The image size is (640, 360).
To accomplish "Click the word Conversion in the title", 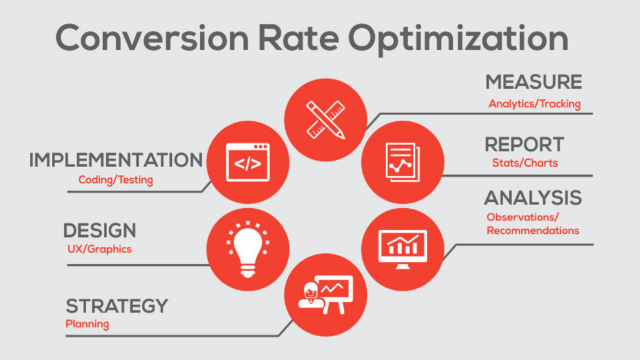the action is tap(152, 37).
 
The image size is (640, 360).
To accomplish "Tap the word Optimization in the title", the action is tap(458, 39).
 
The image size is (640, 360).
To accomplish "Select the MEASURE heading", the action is tap(534, 82).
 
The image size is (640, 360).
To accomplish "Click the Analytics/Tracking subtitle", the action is tap(534, 104).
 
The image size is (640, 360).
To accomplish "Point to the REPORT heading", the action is tap(524, 144).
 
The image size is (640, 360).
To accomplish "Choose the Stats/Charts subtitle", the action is tap(525, 163).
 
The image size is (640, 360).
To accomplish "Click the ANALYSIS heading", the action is tap(532, 198).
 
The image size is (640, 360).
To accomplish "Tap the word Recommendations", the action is tap(532, 231).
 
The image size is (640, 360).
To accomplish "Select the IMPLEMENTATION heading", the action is tap(116, 160).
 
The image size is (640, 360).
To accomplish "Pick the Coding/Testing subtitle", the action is tap(116, 179).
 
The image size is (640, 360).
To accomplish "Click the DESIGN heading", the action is tap(99, 231).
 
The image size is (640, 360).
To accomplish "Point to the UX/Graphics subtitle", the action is tap(99, 249).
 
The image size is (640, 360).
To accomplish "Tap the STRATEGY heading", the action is tap(117, 306).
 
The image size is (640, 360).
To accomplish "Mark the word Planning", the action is tap(87, 324).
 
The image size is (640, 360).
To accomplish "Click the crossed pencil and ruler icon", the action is tap(326, 119).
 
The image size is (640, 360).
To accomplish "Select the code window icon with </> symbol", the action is tap(247, 162).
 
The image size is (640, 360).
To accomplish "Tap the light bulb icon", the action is tap(247, 249).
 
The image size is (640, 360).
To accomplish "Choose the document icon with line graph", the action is tap(402, 162).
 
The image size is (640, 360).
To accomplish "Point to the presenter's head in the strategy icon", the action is tap(311, 291).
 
